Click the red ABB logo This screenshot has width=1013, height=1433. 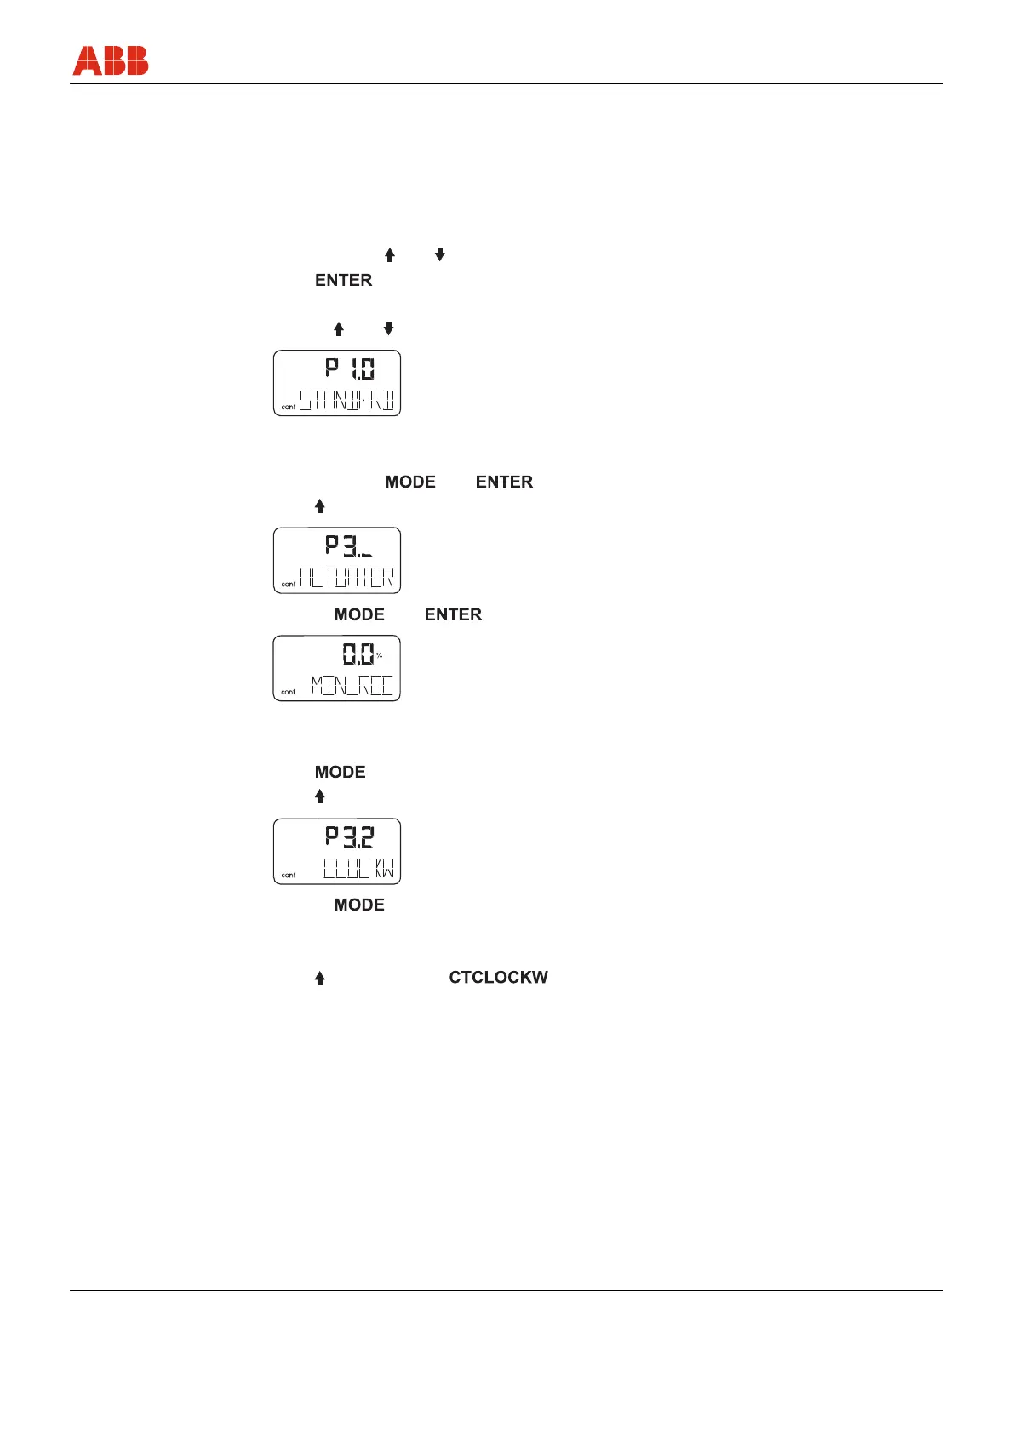[111, 60]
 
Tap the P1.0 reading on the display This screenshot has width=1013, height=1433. [350, 368]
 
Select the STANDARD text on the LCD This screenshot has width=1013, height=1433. [347, 400]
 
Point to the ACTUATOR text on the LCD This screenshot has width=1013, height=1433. [347, 578]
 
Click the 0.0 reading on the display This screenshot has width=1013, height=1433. [358, 654]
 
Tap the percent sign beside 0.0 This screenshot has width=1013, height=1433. [380, 655]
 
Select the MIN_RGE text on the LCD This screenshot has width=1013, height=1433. [352, 686]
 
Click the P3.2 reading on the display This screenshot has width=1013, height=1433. [350, 836]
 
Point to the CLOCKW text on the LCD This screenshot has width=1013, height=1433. [358, 869]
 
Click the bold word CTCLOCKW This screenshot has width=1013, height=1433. [498, 978]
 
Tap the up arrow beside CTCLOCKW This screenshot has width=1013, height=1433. [320, 979]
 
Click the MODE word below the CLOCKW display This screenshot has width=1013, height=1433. [358, 905]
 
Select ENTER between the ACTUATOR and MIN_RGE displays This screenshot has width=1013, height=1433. [453, 614]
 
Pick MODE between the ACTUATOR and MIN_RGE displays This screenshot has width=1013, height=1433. [358, 614]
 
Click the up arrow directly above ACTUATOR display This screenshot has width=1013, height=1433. [320, 506]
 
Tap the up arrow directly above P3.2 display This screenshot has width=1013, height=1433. [320, 796]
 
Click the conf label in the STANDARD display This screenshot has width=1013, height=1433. [289, 408]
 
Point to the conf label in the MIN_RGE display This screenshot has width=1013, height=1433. [289, 693]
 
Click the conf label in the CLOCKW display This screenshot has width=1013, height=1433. [289, 876]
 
